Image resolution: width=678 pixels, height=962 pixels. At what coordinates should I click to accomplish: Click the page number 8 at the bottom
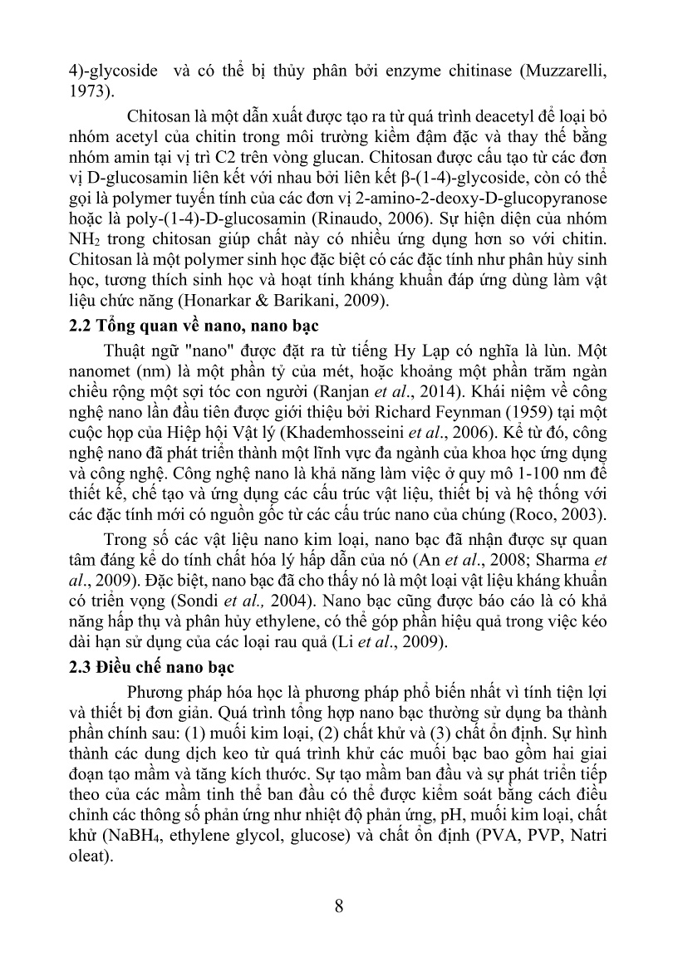(339, 905)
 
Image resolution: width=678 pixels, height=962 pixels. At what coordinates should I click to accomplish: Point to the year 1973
(86, 91)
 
